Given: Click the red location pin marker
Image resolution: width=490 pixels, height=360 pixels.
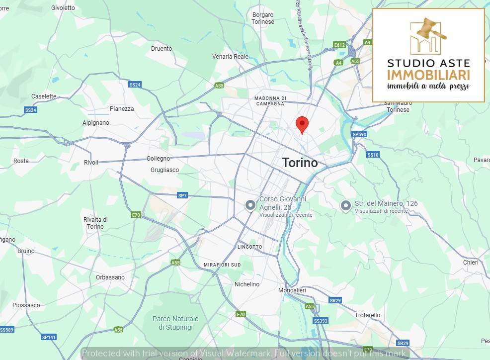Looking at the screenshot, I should (302, 124).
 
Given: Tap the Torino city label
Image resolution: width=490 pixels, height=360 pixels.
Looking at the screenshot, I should (300, 163).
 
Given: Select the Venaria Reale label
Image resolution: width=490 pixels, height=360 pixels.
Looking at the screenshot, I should (230, 57).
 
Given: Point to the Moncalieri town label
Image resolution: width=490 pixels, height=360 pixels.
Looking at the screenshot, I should (292, 290).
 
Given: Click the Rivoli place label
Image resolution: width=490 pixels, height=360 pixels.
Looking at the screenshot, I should (91, 163).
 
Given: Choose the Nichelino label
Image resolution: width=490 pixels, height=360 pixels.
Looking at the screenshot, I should (246, 284).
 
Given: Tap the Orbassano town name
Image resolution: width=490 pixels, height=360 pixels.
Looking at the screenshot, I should (110, 277).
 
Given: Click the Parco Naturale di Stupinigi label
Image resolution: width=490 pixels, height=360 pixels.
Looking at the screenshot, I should (175, 323).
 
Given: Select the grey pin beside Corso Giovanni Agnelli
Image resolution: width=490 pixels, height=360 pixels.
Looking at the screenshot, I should (251, 205).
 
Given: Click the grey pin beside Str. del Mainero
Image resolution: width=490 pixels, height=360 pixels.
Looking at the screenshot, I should (345, 205).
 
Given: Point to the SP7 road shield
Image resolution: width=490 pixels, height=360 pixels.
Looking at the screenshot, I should (182, 195).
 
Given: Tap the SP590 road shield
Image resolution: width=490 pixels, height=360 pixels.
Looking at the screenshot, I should (359, 135).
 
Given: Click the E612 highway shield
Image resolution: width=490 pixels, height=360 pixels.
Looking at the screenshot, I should (339, 45).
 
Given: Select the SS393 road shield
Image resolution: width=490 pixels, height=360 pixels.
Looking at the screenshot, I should (321, 321).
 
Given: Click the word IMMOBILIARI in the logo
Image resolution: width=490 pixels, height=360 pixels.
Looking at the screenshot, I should (428, 75).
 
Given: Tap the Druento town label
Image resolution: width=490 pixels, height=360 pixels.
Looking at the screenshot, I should (162, 49).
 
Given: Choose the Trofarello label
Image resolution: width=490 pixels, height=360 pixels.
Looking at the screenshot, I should (367, 315).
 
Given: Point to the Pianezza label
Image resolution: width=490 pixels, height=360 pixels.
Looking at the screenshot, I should (122, 109).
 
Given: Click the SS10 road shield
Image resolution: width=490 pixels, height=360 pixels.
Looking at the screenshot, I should (373, 155).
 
